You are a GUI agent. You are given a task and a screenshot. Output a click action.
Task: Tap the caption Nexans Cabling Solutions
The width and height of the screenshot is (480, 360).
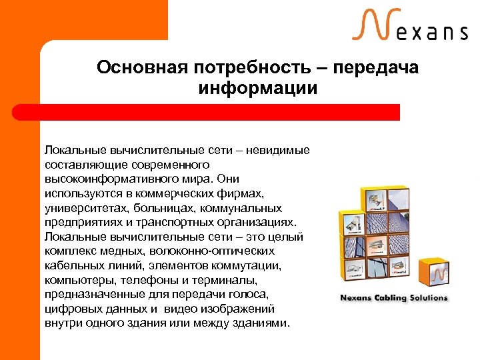(x=394, y=298)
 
